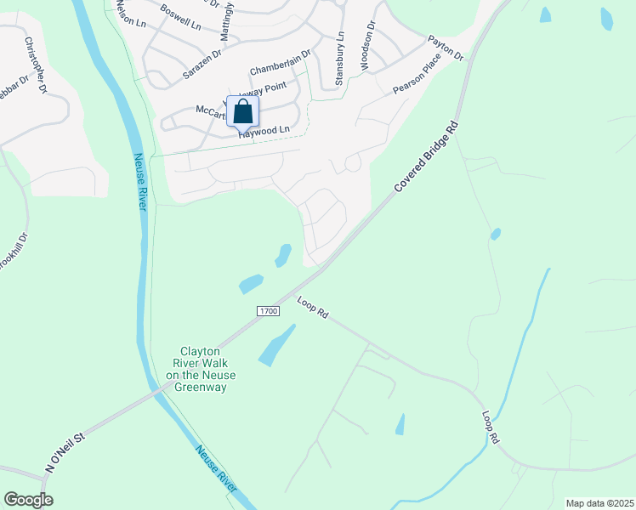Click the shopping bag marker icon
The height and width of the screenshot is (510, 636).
pos(242,111)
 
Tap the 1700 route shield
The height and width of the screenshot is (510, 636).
pos(268,312)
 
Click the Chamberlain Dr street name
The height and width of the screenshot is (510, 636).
pos(281,62)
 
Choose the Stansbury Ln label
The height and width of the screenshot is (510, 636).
pos(339,58)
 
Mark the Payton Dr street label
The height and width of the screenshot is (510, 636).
pos(446,48)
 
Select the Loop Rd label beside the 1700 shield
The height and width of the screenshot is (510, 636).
pos(313,307)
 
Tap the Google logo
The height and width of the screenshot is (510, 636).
pos(28,500)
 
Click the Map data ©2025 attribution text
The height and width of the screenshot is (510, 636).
pos(599,502)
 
